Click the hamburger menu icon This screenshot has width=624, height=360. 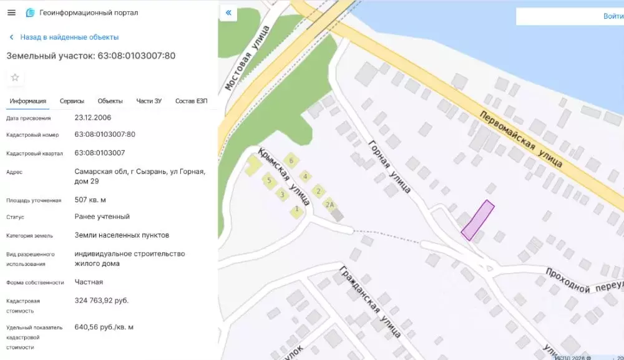pos(11,12)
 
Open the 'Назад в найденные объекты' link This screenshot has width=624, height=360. pos(69,37)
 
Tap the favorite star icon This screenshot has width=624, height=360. pos(15,77)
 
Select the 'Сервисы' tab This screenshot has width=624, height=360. pos(72,101)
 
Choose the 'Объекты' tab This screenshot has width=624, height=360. pos(110,101)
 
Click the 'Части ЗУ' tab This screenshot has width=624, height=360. pos(149,101)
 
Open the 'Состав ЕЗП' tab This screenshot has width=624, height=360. pos(191,101)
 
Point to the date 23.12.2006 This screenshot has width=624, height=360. pos(93,117)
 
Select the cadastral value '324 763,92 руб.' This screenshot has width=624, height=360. pos(102,301)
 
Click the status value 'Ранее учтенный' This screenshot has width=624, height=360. pos(102,216)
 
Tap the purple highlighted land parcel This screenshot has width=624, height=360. pos(478,220)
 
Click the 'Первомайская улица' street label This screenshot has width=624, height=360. pos(522,140)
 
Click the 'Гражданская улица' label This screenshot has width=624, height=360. pos(370,301)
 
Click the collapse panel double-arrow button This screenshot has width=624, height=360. pos(228,12)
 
